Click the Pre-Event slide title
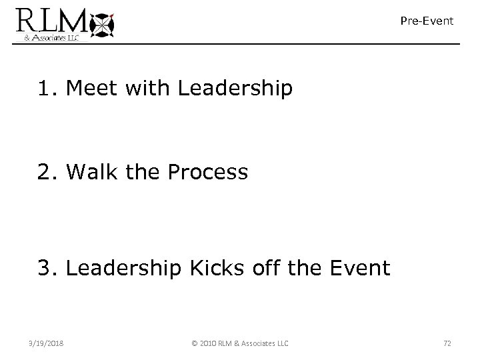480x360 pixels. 427,21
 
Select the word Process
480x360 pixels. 208,173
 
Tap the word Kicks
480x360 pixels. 216,269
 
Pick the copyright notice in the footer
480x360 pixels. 239,343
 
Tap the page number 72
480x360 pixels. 447,343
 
